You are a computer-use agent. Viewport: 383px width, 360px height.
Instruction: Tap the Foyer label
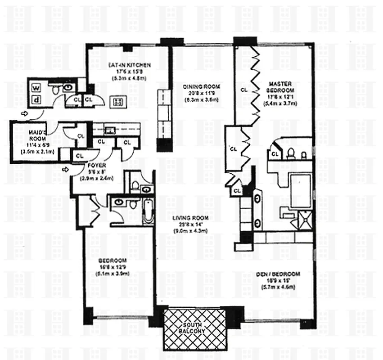point(97,165)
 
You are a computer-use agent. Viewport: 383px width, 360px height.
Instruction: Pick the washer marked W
point(36,87)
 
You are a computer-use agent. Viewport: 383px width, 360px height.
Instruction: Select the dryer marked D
point(36,99)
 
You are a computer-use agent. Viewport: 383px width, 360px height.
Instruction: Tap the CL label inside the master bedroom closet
point(244,90)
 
